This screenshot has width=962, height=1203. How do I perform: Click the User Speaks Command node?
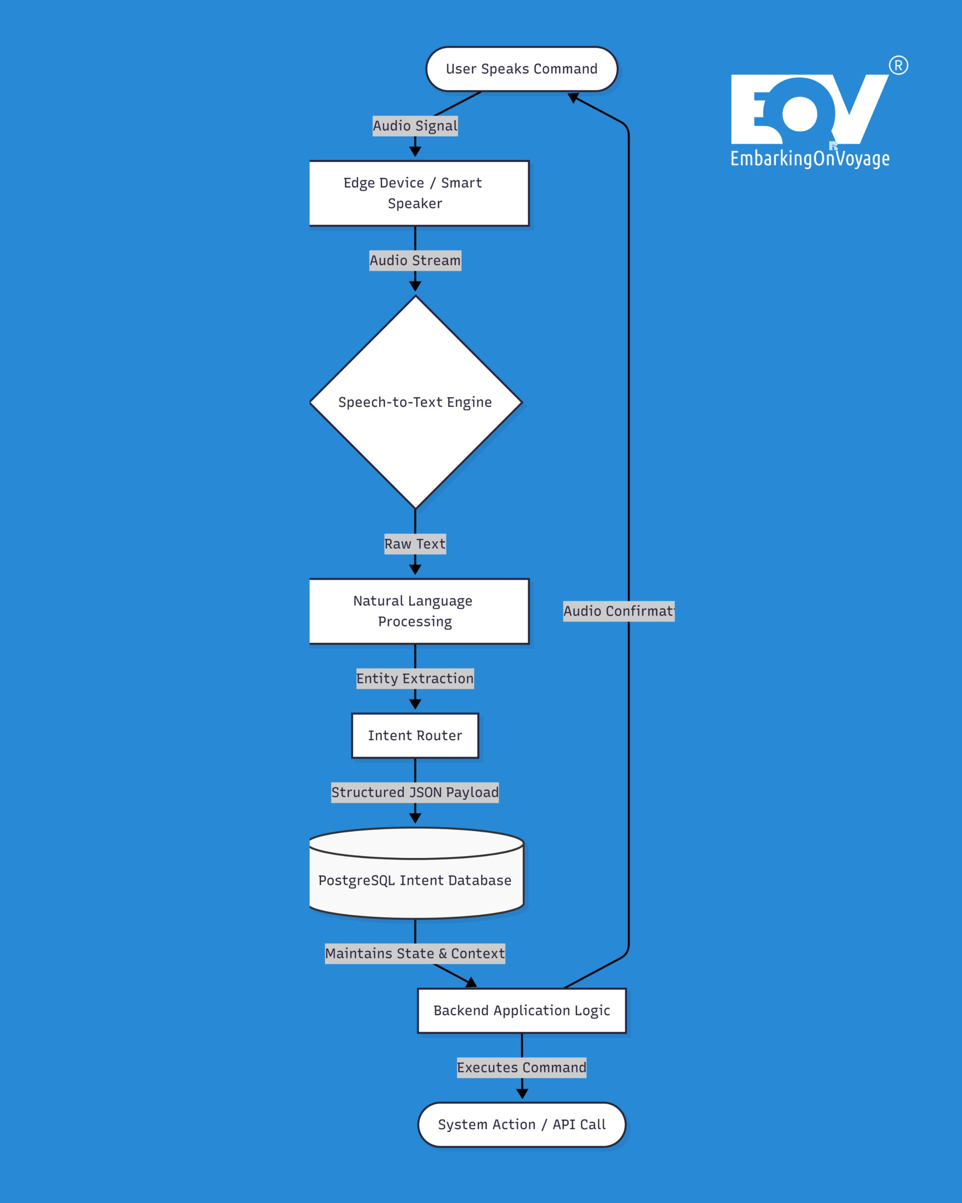point(521,69)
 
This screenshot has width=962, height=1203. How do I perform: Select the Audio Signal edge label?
point(415,125)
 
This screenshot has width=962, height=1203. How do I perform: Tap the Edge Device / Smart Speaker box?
point(419,193)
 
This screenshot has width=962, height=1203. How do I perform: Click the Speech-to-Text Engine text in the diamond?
point(415,402)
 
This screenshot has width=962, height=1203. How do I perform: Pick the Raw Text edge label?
point(415,544)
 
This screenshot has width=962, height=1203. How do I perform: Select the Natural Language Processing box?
point(419,611)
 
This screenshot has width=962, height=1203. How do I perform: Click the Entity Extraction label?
point(415,679)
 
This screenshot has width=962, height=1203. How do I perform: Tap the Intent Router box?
point(415,735)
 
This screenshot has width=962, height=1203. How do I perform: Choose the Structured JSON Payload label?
point(415,792)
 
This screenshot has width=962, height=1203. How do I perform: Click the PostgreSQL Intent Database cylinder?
point(416,880)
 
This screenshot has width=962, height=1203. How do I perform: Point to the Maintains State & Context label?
point(415,953)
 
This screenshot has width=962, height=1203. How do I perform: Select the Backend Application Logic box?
point(521,1010)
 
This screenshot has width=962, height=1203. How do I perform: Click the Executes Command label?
point(521,1067)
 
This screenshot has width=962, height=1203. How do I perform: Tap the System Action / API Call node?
point(521,1125)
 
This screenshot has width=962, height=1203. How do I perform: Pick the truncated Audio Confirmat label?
point(619,611)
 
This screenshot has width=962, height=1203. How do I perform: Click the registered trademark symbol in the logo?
point(899,65)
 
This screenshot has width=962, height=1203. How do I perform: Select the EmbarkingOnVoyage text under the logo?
point(810,158)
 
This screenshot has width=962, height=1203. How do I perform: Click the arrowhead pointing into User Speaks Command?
point(573,98)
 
